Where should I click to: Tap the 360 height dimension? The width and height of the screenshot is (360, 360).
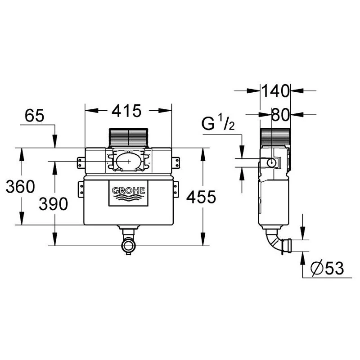[20, 186]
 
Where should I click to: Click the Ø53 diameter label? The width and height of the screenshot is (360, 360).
[327, 269]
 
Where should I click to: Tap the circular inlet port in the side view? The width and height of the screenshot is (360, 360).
[272, 162]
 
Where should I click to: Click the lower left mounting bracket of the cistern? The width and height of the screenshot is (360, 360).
[81, 189]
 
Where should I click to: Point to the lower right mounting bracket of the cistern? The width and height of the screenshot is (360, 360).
[176, 189]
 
